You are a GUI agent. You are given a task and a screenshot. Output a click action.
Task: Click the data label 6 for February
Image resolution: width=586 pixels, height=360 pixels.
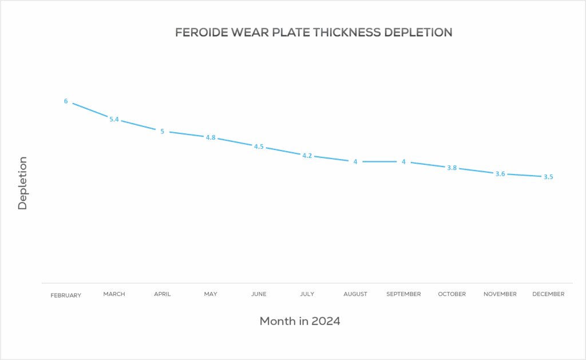coord(66,101)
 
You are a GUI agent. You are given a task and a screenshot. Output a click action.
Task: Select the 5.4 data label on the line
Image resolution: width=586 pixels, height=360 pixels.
coord(114,120)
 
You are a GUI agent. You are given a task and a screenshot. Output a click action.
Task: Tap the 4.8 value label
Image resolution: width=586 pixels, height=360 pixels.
coord(211,137)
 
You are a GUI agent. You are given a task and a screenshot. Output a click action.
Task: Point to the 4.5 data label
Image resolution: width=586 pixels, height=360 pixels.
coord(259,147)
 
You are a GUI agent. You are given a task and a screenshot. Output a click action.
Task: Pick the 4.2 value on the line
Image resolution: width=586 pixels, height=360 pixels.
coord(307,156)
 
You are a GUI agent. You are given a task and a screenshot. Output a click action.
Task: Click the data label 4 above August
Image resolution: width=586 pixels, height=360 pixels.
coord(355,162)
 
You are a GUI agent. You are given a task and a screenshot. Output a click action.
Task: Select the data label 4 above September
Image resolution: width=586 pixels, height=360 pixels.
coord(403,162)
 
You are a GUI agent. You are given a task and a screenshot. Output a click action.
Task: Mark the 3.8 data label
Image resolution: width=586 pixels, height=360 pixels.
coord(452,168)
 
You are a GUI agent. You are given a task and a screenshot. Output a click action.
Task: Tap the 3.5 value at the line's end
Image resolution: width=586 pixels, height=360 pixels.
coord(548,177)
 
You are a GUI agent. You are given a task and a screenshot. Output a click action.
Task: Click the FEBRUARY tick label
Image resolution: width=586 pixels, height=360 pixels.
coord(66,295)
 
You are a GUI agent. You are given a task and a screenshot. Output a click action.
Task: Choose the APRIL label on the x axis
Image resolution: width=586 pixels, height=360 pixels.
coord(162,294)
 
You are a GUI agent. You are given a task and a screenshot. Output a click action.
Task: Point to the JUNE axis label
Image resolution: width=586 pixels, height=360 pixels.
coord(259,294)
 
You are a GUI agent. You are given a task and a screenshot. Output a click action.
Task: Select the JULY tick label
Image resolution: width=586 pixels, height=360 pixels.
coord(307,294)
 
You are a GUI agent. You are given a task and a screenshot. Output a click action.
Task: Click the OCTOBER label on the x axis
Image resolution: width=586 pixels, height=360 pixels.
coord(452,294)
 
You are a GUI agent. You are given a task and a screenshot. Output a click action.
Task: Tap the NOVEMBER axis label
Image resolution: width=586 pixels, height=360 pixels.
coord(500,294)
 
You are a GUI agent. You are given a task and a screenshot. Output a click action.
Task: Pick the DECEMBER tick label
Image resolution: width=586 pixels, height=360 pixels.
coord(548,294)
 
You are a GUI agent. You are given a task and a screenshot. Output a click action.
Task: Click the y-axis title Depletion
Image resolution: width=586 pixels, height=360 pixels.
coord(23,183)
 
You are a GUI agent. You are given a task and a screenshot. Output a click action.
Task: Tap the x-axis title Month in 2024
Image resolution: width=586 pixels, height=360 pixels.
coord(300,321)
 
